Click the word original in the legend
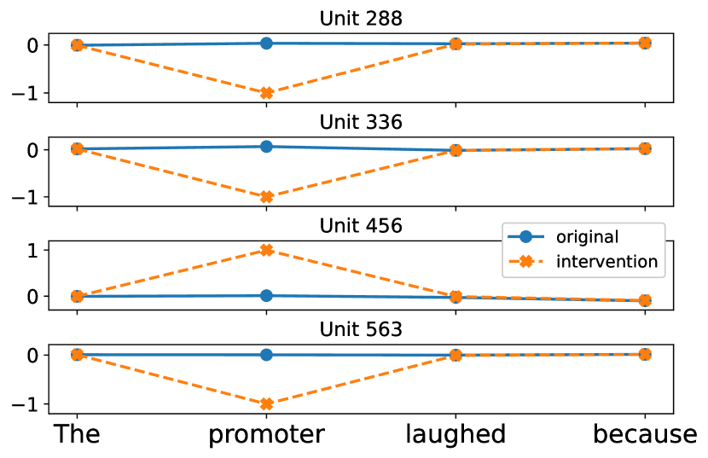[x=587, y=237]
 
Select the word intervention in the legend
[x=606, y=262]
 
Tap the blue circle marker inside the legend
[x=525, y=237]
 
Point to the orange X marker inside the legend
[x=525, y=262]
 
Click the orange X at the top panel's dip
[x=266, y=93]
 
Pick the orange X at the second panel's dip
[x=266, y=197]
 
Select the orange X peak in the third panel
[x=266, y=250]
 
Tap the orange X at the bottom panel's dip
[x=266, y=404]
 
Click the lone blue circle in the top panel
[x=266, y=43]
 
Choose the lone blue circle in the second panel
[x=266, y=146]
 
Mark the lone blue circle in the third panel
[x=266, y=295]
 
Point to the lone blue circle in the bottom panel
[x=266, y=355]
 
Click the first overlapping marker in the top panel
[x=77, y=45]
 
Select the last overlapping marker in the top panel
[x=645, y=43]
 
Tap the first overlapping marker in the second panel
[x=77, y=148]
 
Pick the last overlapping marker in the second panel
[x=645, y=148]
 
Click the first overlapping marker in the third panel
[x=77, y=296]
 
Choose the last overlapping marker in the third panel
[x=645, y=300]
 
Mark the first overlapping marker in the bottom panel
[x=77, y=355]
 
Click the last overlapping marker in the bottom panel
[x=645, y=354]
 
